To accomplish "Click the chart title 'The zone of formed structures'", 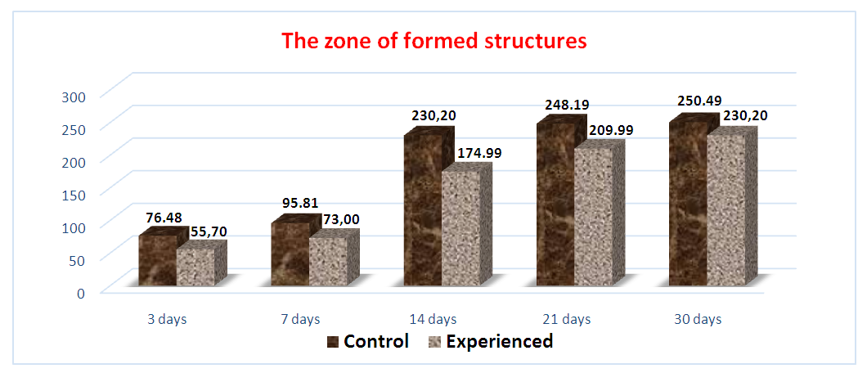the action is coord(433,42).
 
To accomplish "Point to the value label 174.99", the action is coord(478,153).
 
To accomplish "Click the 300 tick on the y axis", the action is coord(76,97).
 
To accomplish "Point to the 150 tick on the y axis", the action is coord(76,195).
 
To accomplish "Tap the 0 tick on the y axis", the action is coord(81,292).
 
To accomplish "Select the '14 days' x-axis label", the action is coord(433,319).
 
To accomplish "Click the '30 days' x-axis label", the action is coord(699,319).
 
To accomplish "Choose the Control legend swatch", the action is coord(332,341).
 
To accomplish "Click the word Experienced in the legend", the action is coord(499,341).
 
